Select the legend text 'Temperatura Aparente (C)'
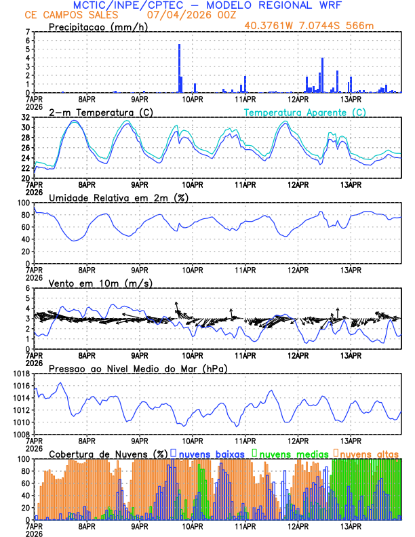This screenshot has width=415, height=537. click(305, 112)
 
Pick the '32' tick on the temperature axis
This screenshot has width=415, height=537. click(26, 117)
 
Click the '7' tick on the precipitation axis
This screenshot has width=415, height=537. click(28, 32)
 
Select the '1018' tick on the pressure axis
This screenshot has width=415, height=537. click(21, 374)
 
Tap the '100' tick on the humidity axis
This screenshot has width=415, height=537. click(24, 203)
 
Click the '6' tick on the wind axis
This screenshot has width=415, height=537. click(28, 288)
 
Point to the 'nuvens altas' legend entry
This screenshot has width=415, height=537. click(369, 452)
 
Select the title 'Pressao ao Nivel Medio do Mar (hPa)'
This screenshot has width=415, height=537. click(138, 368)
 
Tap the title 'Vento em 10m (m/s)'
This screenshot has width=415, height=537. click(91, 283)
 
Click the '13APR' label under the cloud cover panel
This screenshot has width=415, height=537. click(351, 526)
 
